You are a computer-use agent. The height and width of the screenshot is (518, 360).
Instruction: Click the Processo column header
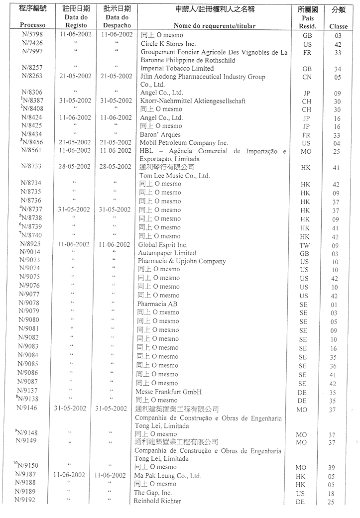[32, 25]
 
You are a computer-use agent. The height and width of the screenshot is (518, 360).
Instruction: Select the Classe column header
[338, 26]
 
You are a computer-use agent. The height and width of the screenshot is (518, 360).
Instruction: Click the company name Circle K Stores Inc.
[168, 44]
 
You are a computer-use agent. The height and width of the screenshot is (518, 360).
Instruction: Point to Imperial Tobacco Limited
[177, 68]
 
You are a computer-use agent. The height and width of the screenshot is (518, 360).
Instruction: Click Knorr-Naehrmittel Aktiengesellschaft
[193, 101]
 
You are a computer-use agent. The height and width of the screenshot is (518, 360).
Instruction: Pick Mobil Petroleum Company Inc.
[184, 143]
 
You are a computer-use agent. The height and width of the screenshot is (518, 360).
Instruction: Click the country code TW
[305, 245]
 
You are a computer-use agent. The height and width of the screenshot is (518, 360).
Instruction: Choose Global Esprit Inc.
[163, 245]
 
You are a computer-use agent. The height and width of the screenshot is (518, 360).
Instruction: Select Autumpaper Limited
[167, 253]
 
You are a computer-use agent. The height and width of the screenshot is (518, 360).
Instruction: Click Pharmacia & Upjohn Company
[182, 261]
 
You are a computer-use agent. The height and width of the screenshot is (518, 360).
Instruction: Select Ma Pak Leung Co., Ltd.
[167, 476]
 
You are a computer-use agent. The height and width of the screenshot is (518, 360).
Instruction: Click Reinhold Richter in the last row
[157, 501]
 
